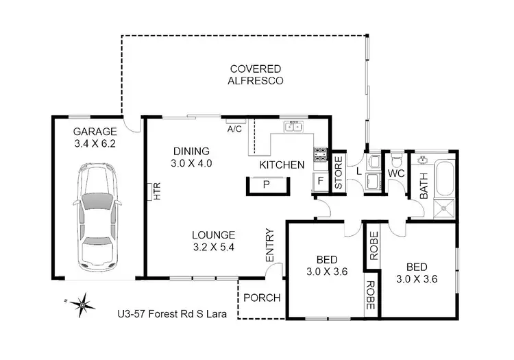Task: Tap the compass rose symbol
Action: [82, 302]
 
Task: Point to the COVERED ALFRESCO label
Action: [257, 74]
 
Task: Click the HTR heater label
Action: [156, 193]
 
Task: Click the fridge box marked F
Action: [320, 182]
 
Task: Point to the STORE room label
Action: [338, 174]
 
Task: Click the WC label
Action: [396, 174]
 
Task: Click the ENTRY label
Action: [269, 244]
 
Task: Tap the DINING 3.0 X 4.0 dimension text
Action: [191, 157]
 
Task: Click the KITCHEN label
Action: [282, 165]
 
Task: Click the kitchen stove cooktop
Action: [320, 155]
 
